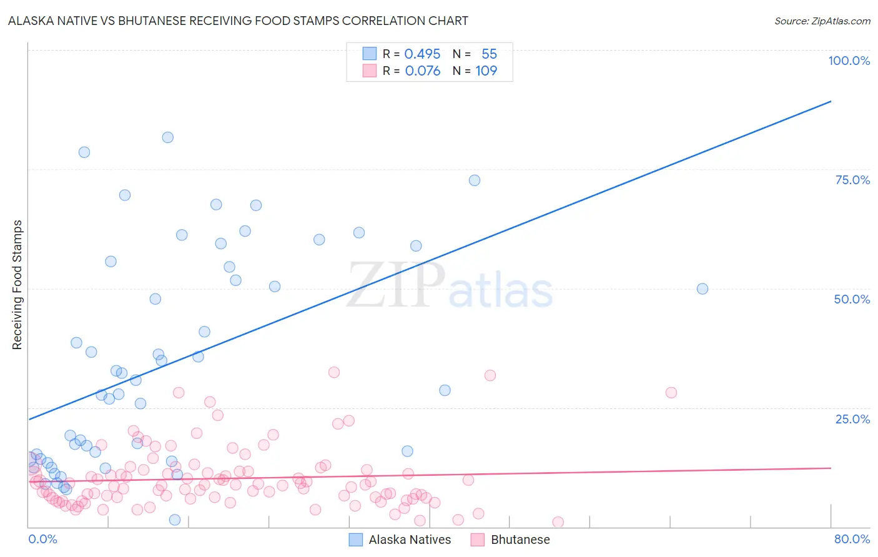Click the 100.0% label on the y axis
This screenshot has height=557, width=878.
pos(849,61)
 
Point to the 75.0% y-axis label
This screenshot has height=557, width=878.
pos(852,180)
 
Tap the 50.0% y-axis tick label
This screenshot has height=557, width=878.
pos(852,299)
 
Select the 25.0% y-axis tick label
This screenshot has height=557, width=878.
pos(852,419)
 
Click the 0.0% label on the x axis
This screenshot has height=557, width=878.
pos(42,540)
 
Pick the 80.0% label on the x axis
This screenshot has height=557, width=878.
pos(852,540)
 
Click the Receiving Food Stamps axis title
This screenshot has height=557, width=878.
pos(17,285)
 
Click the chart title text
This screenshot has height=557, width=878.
pos(238,21)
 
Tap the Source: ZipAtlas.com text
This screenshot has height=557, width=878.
pos(822,21)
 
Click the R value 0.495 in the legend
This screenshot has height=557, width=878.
pos(422,54)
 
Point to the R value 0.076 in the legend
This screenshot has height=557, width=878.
pos(422,71)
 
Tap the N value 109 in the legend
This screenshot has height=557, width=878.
pos(486,71)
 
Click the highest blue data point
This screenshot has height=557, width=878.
pos(167,137)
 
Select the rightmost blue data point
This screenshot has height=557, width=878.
pos(703,288)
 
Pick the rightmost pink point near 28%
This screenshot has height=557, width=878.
pos(671,393)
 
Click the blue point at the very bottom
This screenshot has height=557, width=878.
pos(175,520)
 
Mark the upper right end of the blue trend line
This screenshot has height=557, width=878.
pos(831,101)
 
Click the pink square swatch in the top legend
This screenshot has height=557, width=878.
pos(370,71)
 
